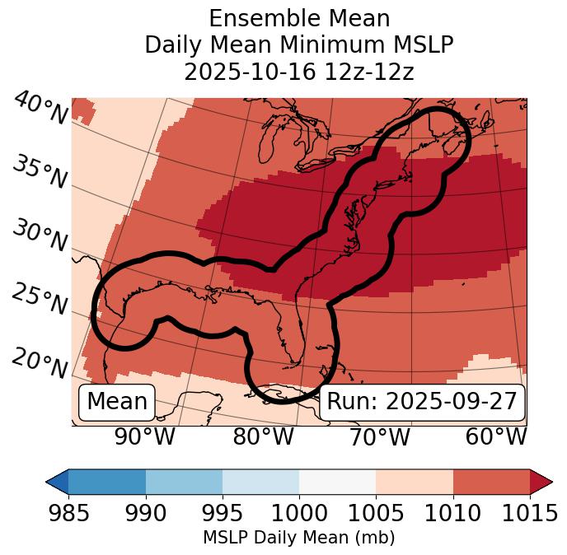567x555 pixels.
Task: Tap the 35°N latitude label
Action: click(x=40, y=172)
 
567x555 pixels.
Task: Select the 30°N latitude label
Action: click(x=40, y=236)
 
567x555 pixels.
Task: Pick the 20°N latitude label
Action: click(x=40, y=362)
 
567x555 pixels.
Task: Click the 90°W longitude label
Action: click(x=145, y=436)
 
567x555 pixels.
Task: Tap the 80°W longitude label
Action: click(x=264, y=436)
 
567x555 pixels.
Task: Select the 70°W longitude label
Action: click(x=380, y=436)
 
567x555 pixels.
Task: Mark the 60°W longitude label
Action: click(x=496, y=436)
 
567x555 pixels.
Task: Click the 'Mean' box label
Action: click(x=117, y=402)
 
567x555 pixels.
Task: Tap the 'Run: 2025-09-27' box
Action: click(x=422, y=402)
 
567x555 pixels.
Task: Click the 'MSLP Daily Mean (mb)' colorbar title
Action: click(x=299, y=539)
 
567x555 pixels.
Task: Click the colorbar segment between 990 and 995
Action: click(x=184, y=482)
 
